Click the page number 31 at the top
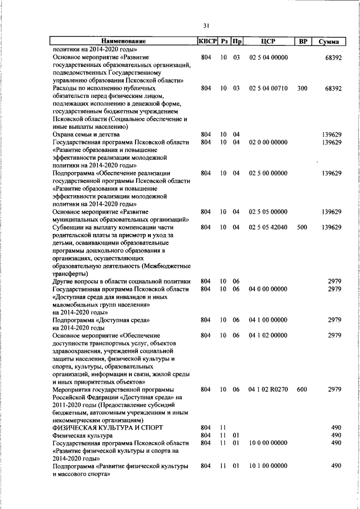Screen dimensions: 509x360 click(x=206, y=25)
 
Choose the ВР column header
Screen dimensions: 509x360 click(x=303, y=41)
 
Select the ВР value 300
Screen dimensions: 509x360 click(x=303, y=88)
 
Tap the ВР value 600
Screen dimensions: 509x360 click(x=303, y=389)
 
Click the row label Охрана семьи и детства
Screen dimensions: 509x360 click(x=87, y=134)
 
